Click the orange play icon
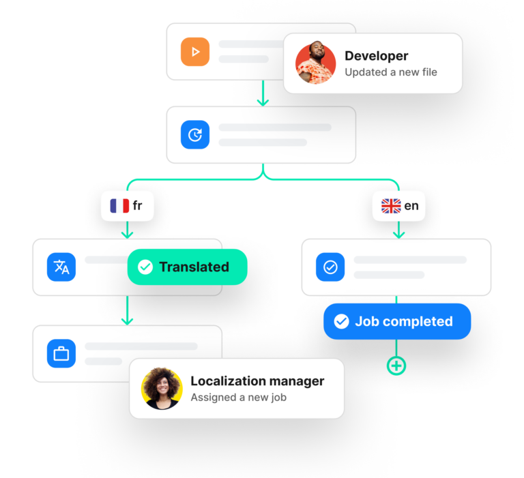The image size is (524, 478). click(x=194, y=52)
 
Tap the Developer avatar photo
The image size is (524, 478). click(x=315, y=63)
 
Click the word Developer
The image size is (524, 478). click(x=376, y=56)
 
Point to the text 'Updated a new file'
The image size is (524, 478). click(x=390, y=72)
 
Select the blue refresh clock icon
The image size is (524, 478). click(x=194, y=135)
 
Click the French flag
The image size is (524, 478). click(x=119, y=206)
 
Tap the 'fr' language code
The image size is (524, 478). click(x=138, y=206)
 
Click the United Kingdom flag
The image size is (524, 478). click(x=391, y=206)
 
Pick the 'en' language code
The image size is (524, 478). click(x=411, y=206)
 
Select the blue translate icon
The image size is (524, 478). click(x=61, y=267)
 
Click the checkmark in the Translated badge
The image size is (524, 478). click(x=145, y=267)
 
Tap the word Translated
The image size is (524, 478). click(x=194, y=267)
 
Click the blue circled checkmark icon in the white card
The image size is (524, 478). click(x=330, y=267)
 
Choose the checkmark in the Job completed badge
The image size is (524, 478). click(x=342, y=321)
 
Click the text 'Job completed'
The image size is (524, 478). click(x=403, y=321)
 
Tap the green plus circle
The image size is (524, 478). click(x=396, y=366)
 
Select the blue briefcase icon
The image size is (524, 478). click(x=61, y=353)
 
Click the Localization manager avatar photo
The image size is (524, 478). click(x=162, y=389)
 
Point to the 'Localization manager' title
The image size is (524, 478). click(x=257, y=381)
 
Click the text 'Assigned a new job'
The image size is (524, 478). click(x=238, y=397)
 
